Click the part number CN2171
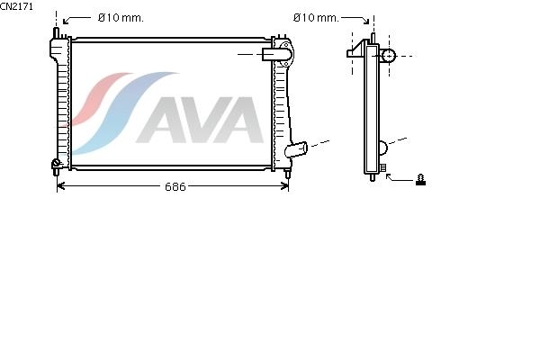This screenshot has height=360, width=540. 16,6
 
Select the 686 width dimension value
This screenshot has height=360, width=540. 175,186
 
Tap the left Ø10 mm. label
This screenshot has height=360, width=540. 121,18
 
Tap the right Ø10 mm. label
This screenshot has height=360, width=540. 316,18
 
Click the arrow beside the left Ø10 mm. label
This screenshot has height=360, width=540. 76,20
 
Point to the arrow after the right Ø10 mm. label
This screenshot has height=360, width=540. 355,19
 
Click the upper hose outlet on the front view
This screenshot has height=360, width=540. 276,54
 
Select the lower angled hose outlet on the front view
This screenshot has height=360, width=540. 296,149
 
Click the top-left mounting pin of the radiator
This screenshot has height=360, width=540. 56,33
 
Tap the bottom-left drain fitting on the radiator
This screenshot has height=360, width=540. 56,165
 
